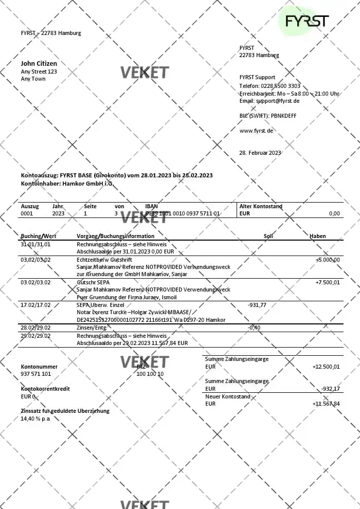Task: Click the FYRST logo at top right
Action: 307,22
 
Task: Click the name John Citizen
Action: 39,64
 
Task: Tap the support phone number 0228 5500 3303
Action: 281,86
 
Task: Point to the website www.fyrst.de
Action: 256,131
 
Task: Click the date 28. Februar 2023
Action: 260,153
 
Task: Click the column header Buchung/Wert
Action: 35,236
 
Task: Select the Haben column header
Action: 317,236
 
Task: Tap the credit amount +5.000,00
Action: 327,260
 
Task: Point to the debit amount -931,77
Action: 257,305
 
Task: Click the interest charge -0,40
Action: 254,328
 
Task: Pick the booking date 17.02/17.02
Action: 35,305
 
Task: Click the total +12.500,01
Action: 326,367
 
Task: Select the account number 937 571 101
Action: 35,374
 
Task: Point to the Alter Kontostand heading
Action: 261,206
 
